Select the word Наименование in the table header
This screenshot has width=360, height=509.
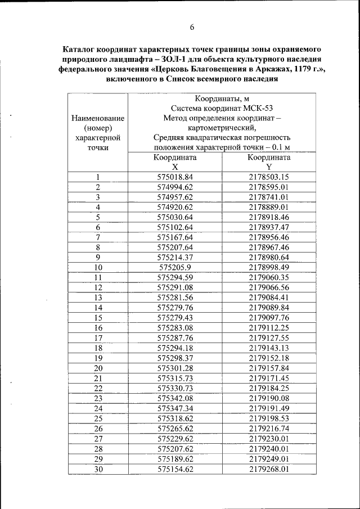[98, 119]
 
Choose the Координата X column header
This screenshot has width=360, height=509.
[175, 163]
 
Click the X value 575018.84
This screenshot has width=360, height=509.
[175, 177]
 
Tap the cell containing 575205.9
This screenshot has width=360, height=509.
[175, 267]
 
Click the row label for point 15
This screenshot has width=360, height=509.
[98, 318]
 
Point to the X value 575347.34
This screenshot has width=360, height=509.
[175, 408]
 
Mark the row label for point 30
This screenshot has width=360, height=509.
[98, 469]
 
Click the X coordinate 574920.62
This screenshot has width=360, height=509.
[175, 207]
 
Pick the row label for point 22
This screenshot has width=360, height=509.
[98, 388]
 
